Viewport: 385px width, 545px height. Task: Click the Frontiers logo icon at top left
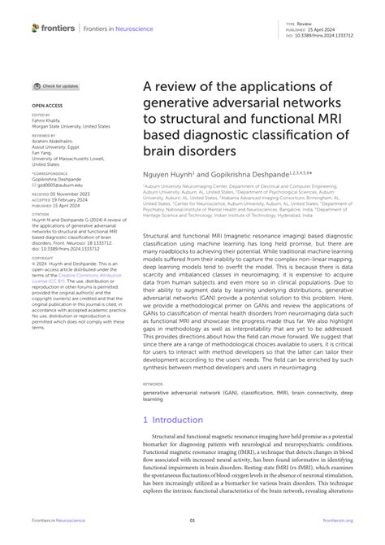click(35, 28)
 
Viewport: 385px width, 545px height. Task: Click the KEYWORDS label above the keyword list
click(153, 383)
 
